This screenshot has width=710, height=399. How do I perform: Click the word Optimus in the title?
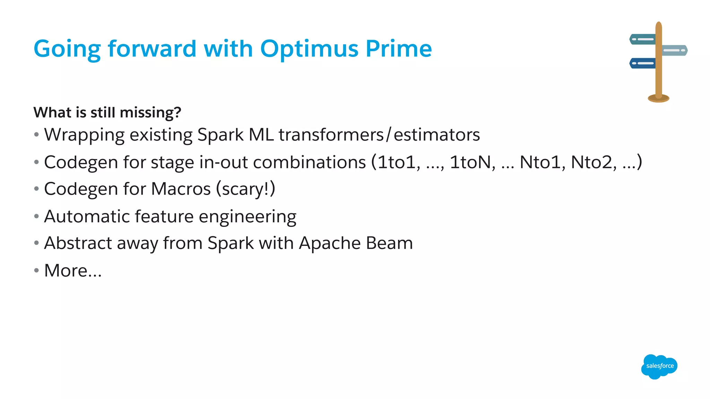[309, 49]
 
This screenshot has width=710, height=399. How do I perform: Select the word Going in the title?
[67, 49]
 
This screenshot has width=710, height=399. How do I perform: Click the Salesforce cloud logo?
[659, 366]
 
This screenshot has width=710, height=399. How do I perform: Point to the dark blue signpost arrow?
[642, 63]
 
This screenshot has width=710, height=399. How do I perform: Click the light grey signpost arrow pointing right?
[675, 50]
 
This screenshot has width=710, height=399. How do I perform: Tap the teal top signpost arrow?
[642, 39]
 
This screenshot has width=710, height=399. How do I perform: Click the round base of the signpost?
[658, 99]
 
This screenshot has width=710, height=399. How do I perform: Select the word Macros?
[181, 189]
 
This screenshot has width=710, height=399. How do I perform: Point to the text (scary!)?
[245, 189]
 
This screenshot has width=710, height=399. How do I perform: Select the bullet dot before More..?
[36, 270]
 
